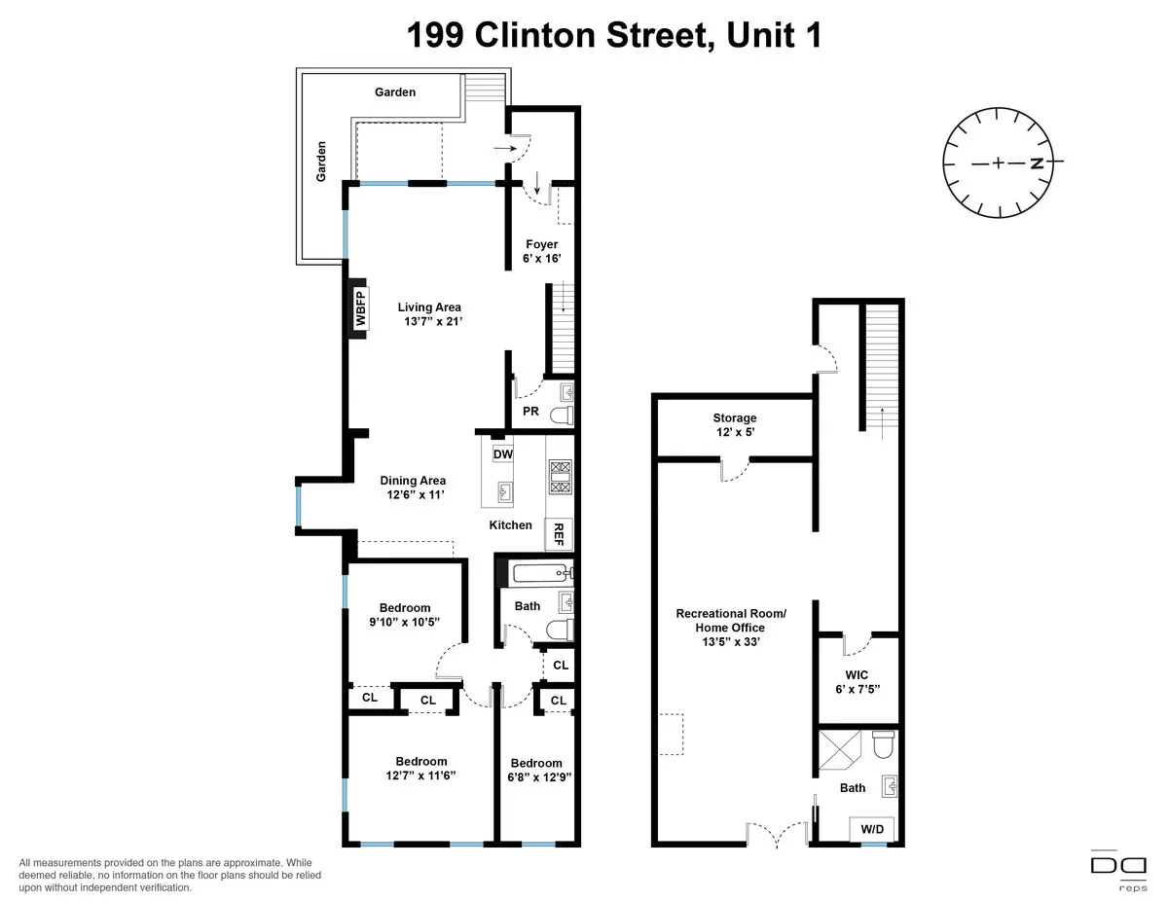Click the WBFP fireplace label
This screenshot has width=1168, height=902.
point(359,308)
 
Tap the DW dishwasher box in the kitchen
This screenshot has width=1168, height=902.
point(502,453)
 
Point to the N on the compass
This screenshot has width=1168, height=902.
point(1038,163)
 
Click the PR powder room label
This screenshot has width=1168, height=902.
point(530,412)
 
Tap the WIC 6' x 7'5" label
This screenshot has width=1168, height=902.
point(857,681)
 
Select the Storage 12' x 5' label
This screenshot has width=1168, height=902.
point(734,425)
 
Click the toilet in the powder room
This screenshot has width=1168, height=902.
point(562,415)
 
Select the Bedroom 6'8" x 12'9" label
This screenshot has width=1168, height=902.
point(536,770)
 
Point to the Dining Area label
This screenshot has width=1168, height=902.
point(413,481)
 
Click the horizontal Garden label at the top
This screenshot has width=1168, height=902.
point(395,92)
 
